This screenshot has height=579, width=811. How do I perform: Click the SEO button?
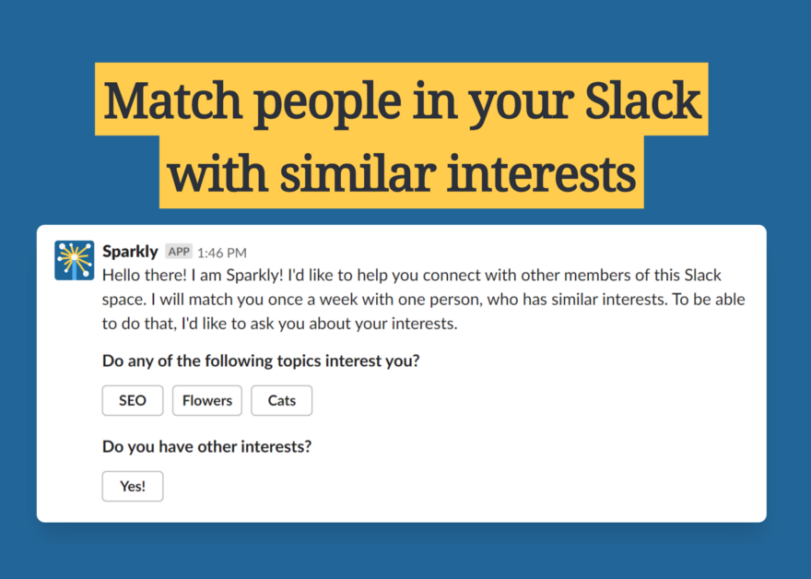(x=133, y=400)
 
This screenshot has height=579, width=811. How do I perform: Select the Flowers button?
(x=206, y=400)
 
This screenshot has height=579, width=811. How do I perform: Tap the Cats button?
(x=281, y=400)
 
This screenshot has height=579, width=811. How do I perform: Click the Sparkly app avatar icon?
(x=75, y=260)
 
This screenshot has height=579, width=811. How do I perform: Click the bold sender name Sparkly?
(x=130, y=252)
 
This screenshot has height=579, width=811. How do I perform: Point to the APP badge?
(x=179, y=252)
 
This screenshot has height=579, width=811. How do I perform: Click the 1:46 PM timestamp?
(x=222, y=253)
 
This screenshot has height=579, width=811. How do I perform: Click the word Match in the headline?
(x=173, y=100)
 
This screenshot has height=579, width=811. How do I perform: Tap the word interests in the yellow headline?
(x=541, y=173)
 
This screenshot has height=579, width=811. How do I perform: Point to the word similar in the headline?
(x=358, y=173)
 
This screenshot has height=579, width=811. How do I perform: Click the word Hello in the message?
(x=122, y=276)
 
